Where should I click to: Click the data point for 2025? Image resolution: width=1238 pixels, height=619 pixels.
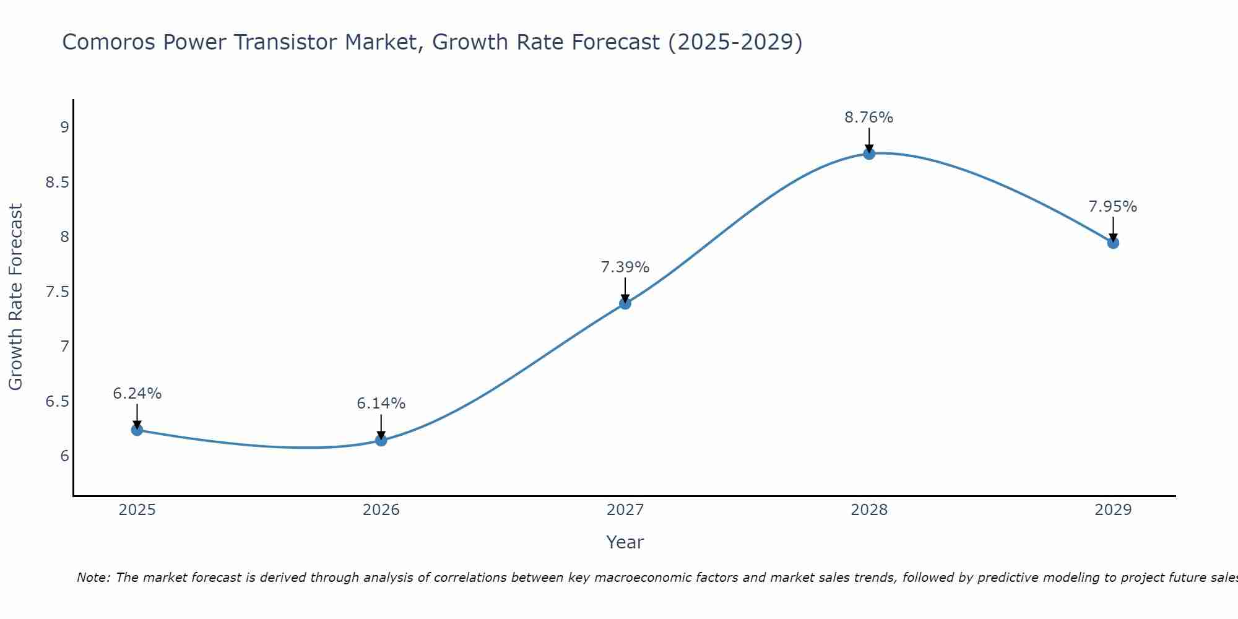point(137,430)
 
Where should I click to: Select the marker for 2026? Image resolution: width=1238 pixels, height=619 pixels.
point(381,441)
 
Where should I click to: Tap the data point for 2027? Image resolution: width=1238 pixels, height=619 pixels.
point(625,303)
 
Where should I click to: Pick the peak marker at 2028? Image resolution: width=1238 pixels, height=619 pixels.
point(869,154)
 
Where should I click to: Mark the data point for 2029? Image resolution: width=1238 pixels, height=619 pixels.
point(1113,243)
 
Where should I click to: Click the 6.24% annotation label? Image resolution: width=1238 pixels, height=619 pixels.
point(137,394)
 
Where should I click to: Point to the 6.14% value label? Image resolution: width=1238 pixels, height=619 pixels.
point(381,404)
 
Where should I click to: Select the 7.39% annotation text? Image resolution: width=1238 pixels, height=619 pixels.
point(625,267)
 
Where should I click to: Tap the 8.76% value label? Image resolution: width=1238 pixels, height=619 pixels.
point(869,118)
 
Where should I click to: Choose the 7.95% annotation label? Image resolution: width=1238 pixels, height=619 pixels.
point(1113,207)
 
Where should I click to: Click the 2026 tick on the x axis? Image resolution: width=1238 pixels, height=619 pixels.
point(381,510)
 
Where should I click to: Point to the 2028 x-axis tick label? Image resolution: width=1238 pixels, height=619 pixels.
point(869,510)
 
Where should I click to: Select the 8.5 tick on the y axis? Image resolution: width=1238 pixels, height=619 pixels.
point(57,183)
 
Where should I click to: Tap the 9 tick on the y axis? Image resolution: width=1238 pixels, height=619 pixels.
point(64,128)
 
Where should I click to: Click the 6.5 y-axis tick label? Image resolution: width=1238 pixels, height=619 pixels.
point(57,402)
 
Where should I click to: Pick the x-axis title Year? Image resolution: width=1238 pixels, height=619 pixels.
point(625,542)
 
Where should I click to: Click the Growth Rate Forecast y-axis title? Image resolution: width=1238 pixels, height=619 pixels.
point(16,297)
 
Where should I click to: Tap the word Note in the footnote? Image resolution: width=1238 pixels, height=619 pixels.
point(93,578)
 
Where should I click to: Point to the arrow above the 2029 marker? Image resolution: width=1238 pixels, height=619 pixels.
point(1113,229)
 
